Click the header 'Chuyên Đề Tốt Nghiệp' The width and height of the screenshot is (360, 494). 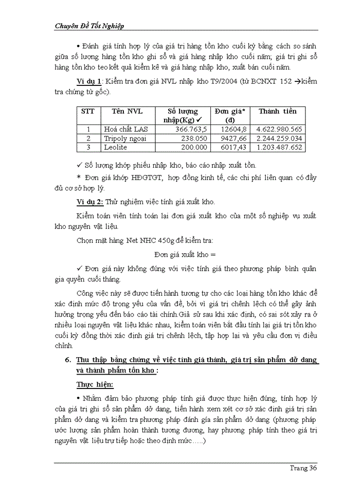(x=89, y=26)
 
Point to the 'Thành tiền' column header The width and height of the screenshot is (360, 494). (x=277, y=111)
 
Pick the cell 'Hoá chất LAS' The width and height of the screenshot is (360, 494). (x=125, y=129)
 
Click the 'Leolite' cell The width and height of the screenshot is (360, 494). (x=115, y=147)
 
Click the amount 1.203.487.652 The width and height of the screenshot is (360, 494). (x=278, y=147)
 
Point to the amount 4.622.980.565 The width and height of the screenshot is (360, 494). (x=278, y=129)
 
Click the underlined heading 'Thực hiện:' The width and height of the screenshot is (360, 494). (x=95, y=384)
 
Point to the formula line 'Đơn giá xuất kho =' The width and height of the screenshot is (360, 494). (x=186, y=254)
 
